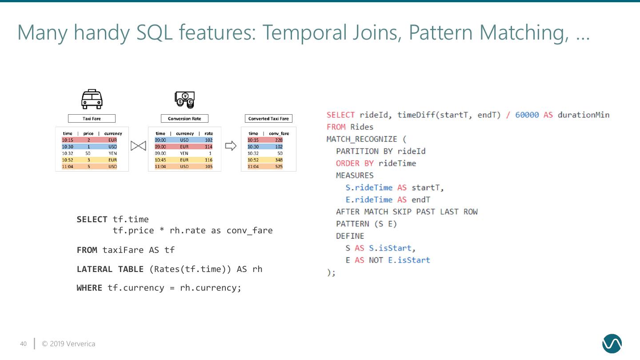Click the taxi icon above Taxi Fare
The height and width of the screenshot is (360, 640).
pyautogui.click(x=92, y=99)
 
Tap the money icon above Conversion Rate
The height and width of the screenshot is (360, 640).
pyautogui.click(x=184, y=100)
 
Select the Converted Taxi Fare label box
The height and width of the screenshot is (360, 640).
pyautogui.click(x=268, y=119)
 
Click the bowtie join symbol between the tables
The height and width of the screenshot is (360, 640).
pyautogui.click(x=138, y=146)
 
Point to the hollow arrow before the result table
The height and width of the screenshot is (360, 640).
pyautogui.click(x=231, y=146)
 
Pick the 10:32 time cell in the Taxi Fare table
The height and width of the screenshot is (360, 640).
pyautogui.click(x=68, y=153)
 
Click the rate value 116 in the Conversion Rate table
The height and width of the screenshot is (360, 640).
pyautogui.click(x=208, y=160)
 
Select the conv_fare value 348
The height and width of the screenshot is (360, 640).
pyautogui.click(x=279, y=160)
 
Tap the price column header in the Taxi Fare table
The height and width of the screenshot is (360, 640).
pyautogui.click(x=88, y=133)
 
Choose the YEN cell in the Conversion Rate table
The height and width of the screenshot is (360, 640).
pyautogui.click(x=184, y=153)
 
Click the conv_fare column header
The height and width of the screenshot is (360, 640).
pyautogui.click(x=279, y=133)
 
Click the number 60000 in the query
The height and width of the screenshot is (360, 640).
pyautogui.click(x=527, y=115)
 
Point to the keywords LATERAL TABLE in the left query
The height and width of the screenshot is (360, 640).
pyautogui.click(x=110, y=269)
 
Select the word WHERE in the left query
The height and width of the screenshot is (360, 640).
pyautogui.click(x=89, y=288)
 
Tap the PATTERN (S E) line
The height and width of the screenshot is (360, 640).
pyautogui.click(x=366, y=224)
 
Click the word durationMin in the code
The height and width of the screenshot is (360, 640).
pyautogui.click(x=583, y=115)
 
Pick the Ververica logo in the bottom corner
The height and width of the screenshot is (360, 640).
pyautogui.click(x=612, y=344)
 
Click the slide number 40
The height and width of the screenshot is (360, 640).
pyautogui.click(x=24, y=344)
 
